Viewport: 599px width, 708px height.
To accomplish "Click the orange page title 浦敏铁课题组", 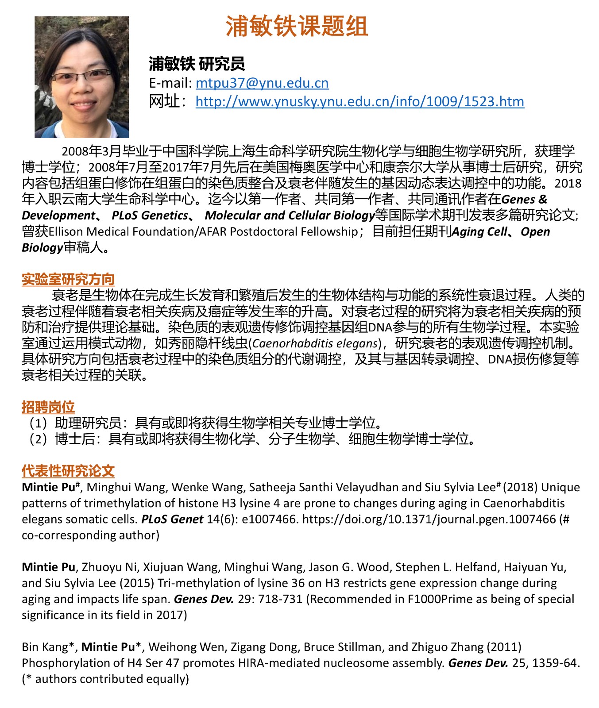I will (297, 27).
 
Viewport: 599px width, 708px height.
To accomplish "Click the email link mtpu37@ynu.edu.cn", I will (262, 83).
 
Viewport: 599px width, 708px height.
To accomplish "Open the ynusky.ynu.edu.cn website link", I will (359, 101).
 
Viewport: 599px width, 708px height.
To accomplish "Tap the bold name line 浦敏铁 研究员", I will (197, 64).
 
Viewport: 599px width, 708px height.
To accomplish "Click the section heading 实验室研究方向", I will (68, 279).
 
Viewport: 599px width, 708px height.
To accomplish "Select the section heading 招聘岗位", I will (48, 407).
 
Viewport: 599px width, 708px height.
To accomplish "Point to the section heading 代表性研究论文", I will (68, 471).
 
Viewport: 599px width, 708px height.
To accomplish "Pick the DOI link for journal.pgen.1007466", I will (429, 519).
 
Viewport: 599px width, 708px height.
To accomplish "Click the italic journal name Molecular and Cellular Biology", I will (290, 215).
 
